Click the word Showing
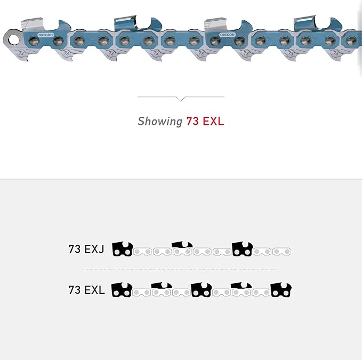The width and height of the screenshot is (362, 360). click(x=160, y=121)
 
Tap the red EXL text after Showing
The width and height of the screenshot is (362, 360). click(x=212, y=121)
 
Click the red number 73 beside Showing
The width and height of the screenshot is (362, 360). click(x=192, y=121)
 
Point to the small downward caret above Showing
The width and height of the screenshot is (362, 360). click(x=181, y=99)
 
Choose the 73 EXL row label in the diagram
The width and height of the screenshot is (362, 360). click(x=86, y=290)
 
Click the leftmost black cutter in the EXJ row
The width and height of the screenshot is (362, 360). click(x=122, y=249)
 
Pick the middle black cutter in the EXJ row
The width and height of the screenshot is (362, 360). click(x=182, y=246)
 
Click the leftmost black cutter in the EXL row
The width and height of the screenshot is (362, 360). click(x=122, y=290)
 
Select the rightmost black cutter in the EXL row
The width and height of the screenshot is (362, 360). click(x=281, y=290)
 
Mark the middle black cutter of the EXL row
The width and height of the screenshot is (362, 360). click(x=201, y=290)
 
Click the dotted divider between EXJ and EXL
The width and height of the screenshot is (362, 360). click(x=181, y=269)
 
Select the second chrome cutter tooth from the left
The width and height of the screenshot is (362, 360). click(x=126, y=21)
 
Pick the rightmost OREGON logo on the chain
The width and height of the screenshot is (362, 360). click(x=227, y=35)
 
